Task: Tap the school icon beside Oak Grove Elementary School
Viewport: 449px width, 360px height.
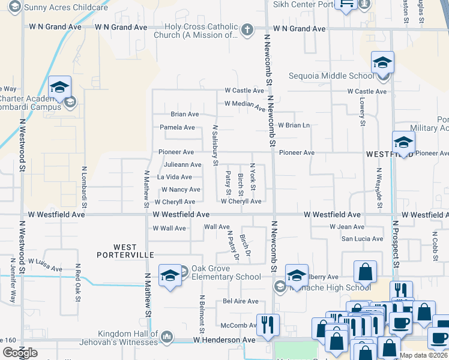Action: point(170,275)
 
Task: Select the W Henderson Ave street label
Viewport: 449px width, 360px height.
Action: point(224,340)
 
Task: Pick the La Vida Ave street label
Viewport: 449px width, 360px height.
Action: point(174,177)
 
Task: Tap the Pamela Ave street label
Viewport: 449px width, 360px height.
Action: point(177,127)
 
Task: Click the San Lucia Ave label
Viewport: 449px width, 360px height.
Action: point(361,239)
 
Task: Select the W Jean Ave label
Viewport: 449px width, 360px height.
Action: point(347,227)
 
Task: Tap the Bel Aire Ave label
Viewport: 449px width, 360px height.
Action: point(240,301)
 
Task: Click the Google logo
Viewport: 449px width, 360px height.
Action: point(20,353)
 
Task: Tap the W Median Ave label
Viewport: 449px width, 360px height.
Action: point(245,106)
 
